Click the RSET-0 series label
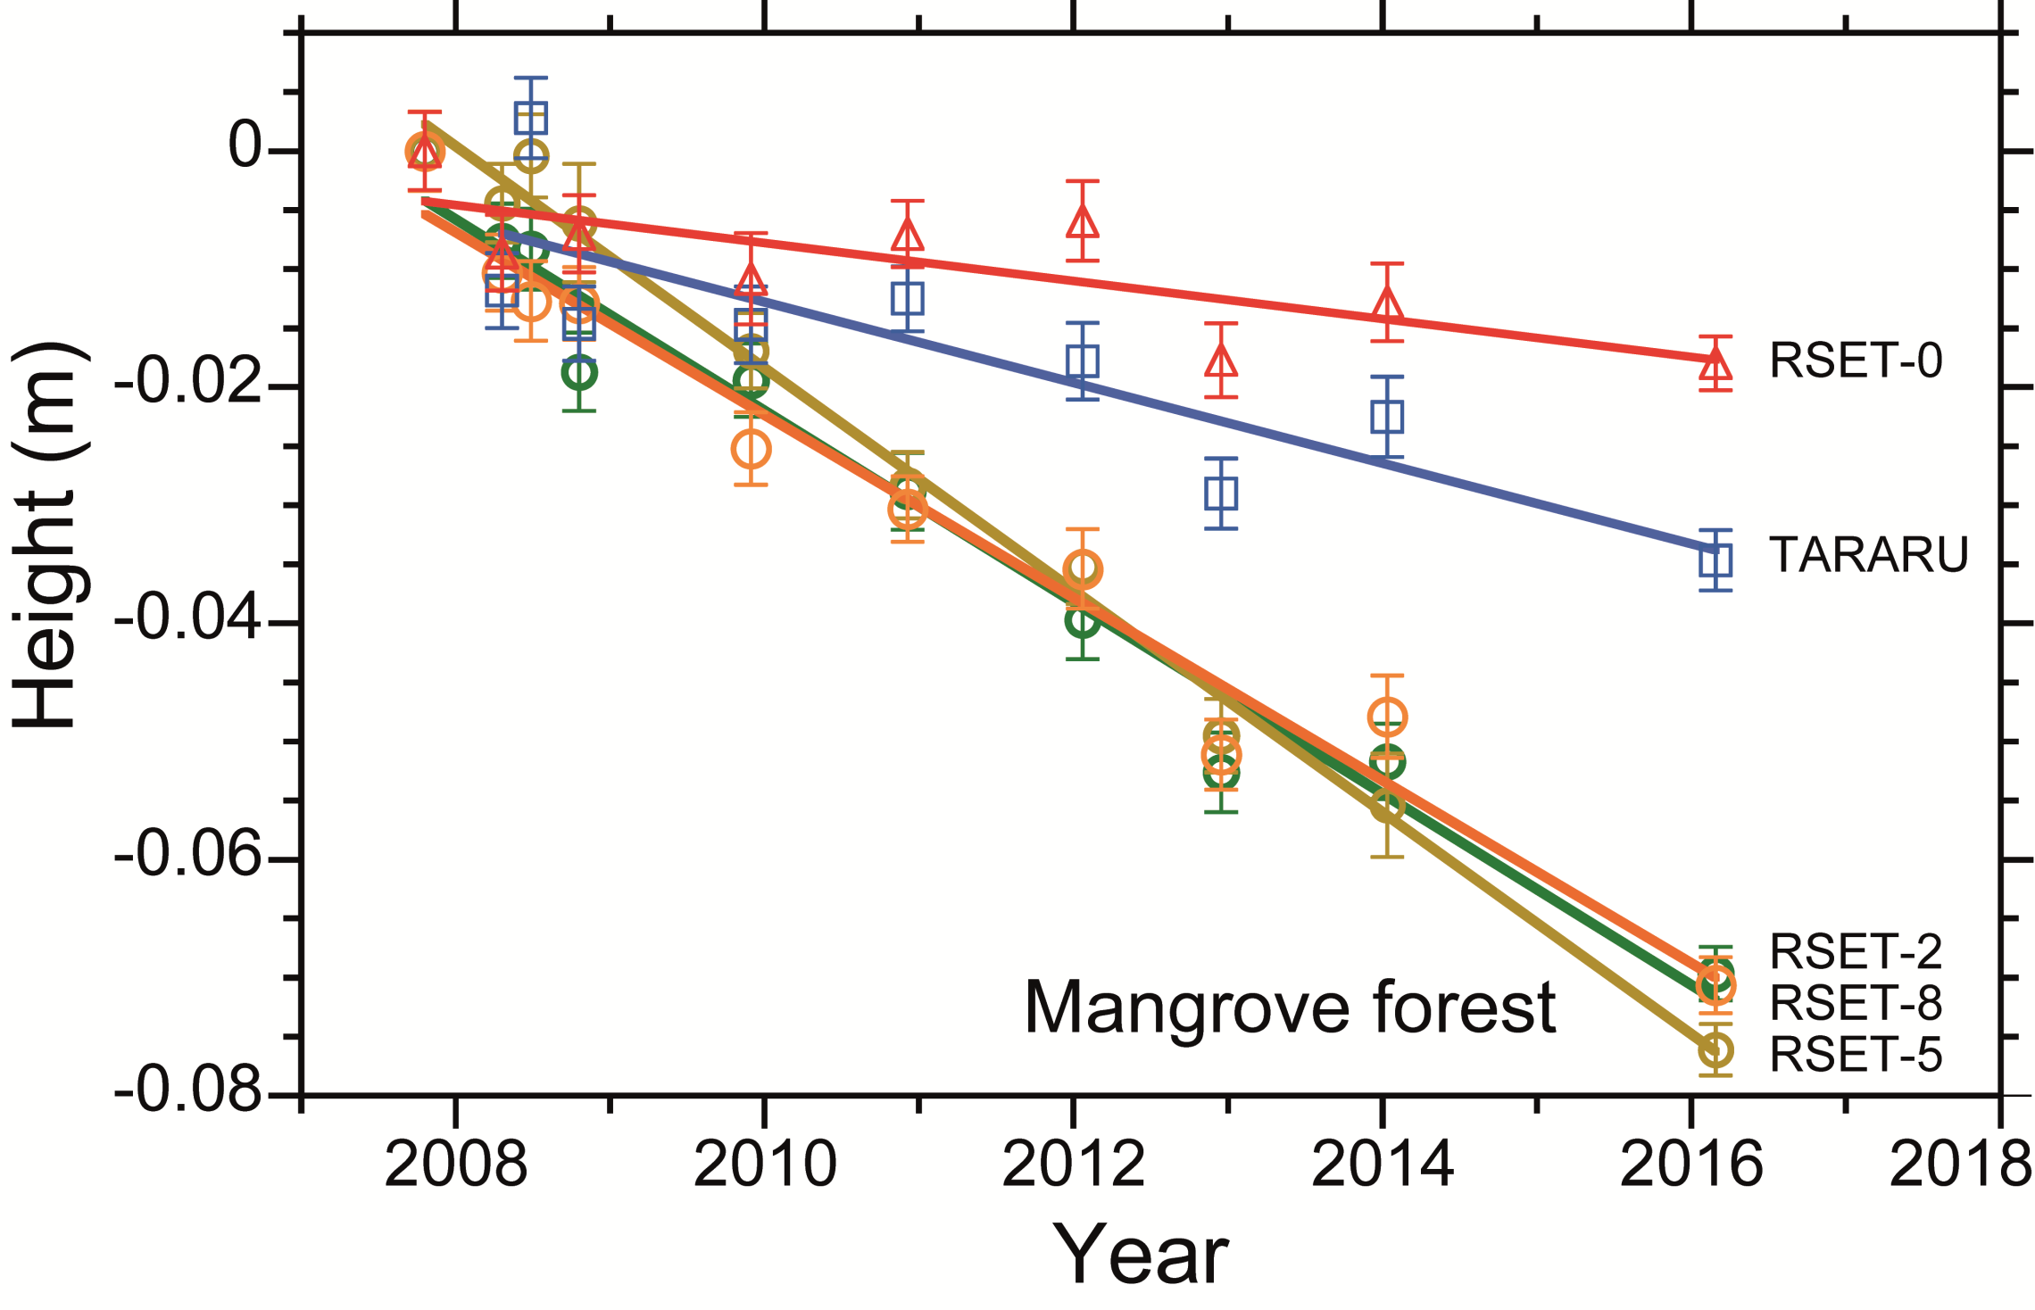tap(1855, 361)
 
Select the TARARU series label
tap(1868, 555)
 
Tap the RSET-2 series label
tap(1855, 952)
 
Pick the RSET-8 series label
tap(1855, 1004)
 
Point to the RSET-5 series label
tap(1855, 1056)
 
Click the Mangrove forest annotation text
tap(1290, 1009)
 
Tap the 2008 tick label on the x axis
tap(455, 1165)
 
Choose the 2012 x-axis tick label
tap(1074, 1165)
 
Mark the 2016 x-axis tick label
tap(1691, 1165)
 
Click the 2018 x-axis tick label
tap(1960, 1165)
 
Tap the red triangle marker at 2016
tap(1715, 364)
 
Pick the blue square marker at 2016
tap(1715, 561)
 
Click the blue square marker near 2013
tap(1221, 493)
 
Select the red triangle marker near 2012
tap(1083, 221)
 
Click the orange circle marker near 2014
tap(1387, 717)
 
